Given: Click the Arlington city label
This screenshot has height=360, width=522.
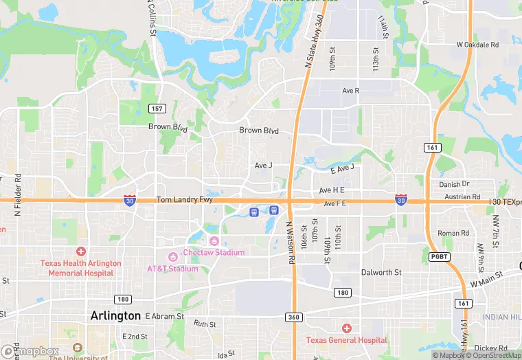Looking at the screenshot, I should (x=115, y=315).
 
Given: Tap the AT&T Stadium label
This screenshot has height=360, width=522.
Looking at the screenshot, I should (x=172, y=269).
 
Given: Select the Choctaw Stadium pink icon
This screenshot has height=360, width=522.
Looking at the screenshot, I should (x=214, y=240).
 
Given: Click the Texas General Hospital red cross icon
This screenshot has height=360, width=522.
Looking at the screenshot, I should (x=346, y=328).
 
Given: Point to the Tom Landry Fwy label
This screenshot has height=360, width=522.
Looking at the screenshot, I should (x=181, y=200).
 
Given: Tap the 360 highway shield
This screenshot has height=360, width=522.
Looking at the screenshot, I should (x=293, y=317).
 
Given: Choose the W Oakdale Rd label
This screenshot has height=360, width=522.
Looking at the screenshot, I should (x=477, y=45).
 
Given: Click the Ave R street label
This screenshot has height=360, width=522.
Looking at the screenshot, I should (x=350, y=91).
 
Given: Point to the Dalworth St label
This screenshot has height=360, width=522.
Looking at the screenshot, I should (x=381, y=272).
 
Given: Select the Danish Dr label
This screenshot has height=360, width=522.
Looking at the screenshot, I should (x=454, y=184).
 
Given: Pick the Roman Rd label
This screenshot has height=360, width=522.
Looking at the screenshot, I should (x=453, y=233).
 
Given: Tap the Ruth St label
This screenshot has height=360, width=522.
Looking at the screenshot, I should (x=205, y=323).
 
